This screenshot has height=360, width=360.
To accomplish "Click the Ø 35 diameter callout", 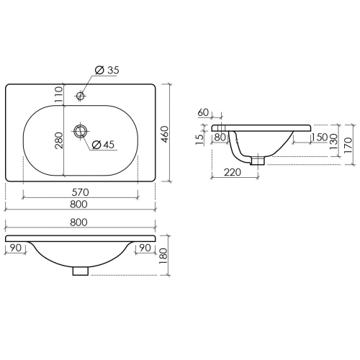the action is [107, 70].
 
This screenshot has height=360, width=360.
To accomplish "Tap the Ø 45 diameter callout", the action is [104, 145].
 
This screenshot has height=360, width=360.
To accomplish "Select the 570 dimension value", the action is [80, 192].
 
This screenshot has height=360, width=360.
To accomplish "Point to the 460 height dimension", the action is [165, 135].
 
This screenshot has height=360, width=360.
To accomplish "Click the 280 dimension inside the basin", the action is [59, 140].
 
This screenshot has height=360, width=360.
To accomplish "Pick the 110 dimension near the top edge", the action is [59, 94].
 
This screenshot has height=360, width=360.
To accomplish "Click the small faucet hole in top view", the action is [81, 96].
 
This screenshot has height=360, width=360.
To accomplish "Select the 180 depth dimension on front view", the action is [163, 256].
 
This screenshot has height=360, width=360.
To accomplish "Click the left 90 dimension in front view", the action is [16, 248].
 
